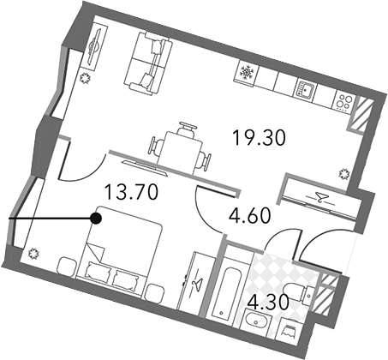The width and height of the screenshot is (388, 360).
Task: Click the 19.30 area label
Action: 260,138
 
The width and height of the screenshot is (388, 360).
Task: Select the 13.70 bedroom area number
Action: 131,192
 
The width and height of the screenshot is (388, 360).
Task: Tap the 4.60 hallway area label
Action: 250,216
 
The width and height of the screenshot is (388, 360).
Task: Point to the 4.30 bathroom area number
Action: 268,303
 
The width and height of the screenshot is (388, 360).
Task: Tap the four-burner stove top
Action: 343,101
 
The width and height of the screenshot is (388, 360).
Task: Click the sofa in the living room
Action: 148,63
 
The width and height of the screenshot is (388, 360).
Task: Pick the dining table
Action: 179,153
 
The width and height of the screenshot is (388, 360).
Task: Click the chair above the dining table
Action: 188,129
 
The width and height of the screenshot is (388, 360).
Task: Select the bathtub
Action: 224,290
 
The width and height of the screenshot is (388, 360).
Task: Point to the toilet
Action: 299,292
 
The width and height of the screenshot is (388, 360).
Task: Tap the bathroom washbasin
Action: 256,321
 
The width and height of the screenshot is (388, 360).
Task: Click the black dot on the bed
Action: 96,219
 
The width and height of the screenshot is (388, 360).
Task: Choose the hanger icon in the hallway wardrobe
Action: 320,197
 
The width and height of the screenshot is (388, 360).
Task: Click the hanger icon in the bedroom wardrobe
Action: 196,284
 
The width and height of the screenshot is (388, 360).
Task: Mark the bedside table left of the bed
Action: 67,267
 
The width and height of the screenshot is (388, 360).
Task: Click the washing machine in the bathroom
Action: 288,330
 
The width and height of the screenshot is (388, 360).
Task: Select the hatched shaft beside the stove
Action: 361,114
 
